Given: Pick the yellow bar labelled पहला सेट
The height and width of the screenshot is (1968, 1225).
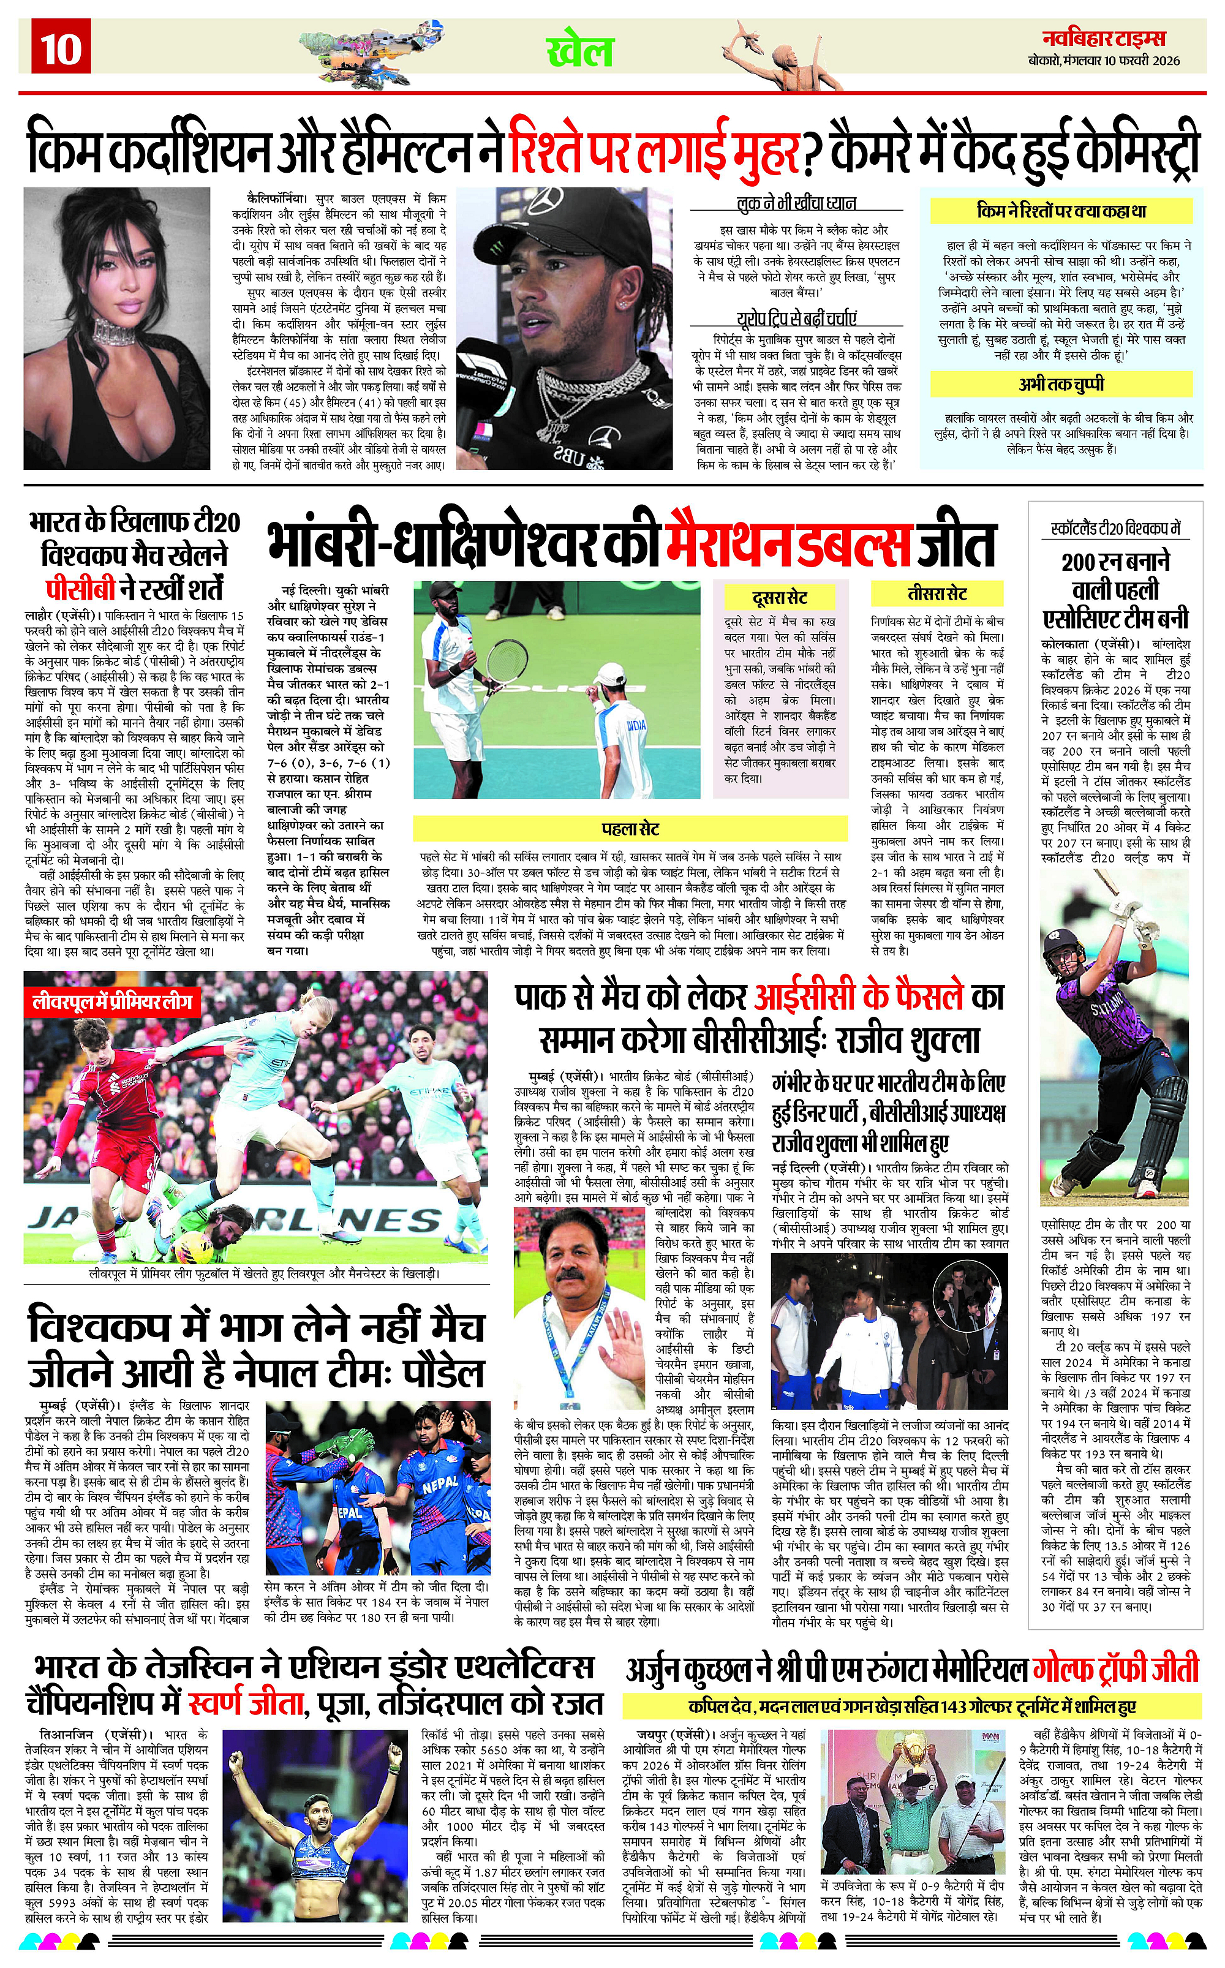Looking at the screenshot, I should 630,829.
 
